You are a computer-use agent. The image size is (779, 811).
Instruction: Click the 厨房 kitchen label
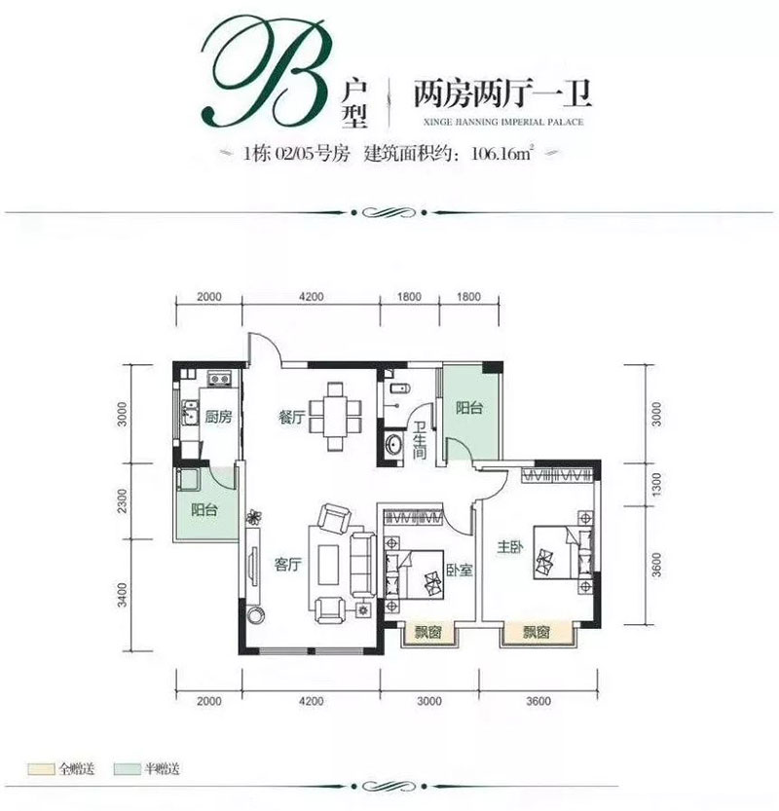tap(219, 417)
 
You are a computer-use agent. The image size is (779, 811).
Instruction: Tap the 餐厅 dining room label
tap(292, 417)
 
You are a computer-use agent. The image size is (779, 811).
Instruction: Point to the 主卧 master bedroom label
tap(512, 548)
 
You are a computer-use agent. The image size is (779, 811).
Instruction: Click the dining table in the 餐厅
tap(335, 416)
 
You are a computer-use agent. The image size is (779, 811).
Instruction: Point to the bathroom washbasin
tap(392, 446)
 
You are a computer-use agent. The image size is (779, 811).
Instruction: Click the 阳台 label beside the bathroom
tap(469, 409)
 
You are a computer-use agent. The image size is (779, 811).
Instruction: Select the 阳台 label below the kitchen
tap(204, 508)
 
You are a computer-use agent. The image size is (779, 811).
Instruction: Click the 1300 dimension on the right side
tap(657, 482)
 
